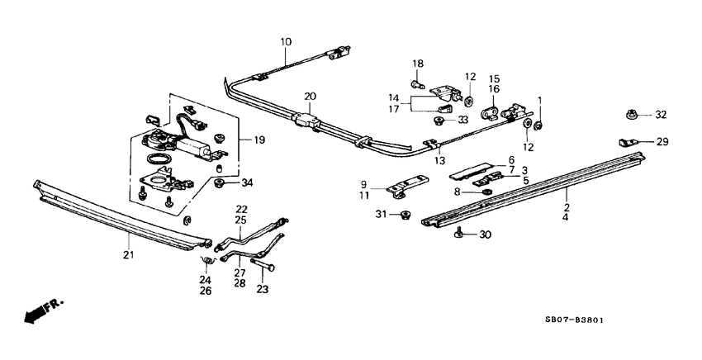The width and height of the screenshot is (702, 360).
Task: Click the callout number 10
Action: pyautogui.click(x=286, y=40)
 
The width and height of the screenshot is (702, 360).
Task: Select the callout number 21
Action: pyautogui.click(x=128, y=254)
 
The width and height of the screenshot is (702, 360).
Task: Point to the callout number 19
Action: pyautogui.click(x=259, y=140)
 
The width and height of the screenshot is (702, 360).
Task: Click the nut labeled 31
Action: pyautogui.click(x=405, y=216)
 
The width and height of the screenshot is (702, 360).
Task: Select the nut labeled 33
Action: pyautogui.click(x=439, y=121)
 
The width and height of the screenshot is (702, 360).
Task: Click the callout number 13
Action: pyautogui.click(x=440, y=160)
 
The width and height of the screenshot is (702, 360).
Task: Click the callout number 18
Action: pyautogui.click(x=417, y=64)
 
